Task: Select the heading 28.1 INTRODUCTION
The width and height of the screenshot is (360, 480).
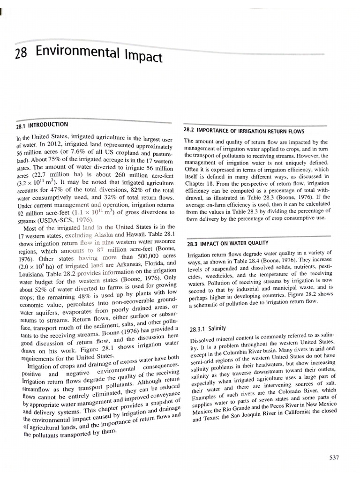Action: click(x=42, y=125)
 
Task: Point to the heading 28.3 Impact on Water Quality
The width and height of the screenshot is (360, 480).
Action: click(x=227, y=243)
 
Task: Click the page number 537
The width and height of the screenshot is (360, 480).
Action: click(x=334, y=457)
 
